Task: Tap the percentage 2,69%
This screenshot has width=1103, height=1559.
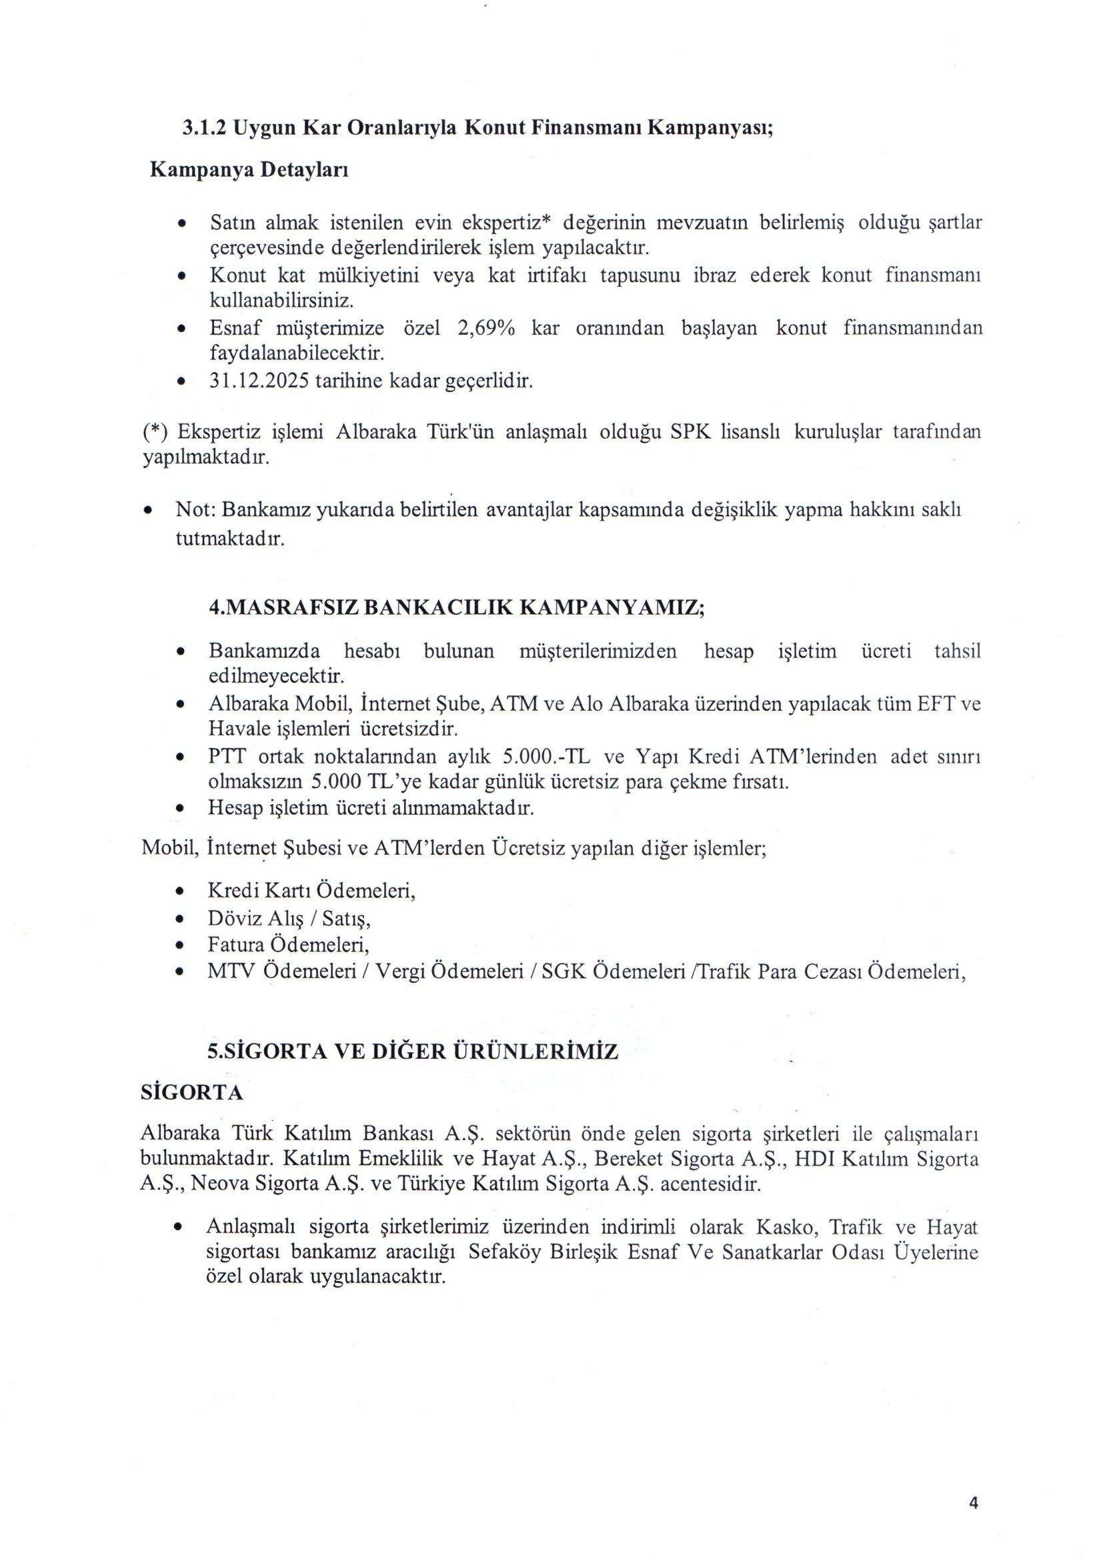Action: (x=486, y=329)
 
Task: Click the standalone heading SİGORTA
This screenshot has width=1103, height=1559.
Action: (x=191, y=1093)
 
